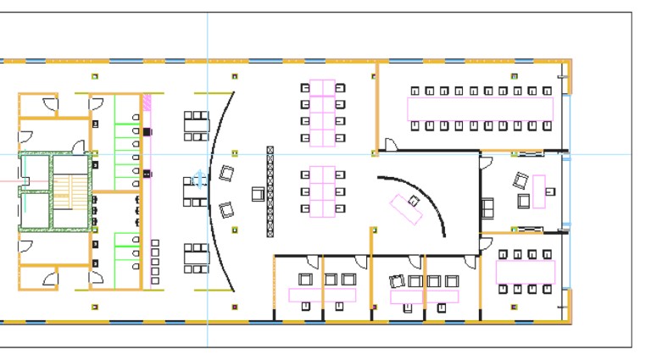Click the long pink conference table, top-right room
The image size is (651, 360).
click(480, 108)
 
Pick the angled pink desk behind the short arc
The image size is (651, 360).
click(407, 207)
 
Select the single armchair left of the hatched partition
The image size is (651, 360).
click(257, 195)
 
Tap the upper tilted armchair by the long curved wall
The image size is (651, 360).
click(226, 174)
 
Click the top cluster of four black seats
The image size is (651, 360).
click(196, 125)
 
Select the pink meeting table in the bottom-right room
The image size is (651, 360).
click(526, 271)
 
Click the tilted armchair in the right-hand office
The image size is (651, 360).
click(519, 180)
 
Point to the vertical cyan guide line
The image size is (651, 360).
click(207, 51)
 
